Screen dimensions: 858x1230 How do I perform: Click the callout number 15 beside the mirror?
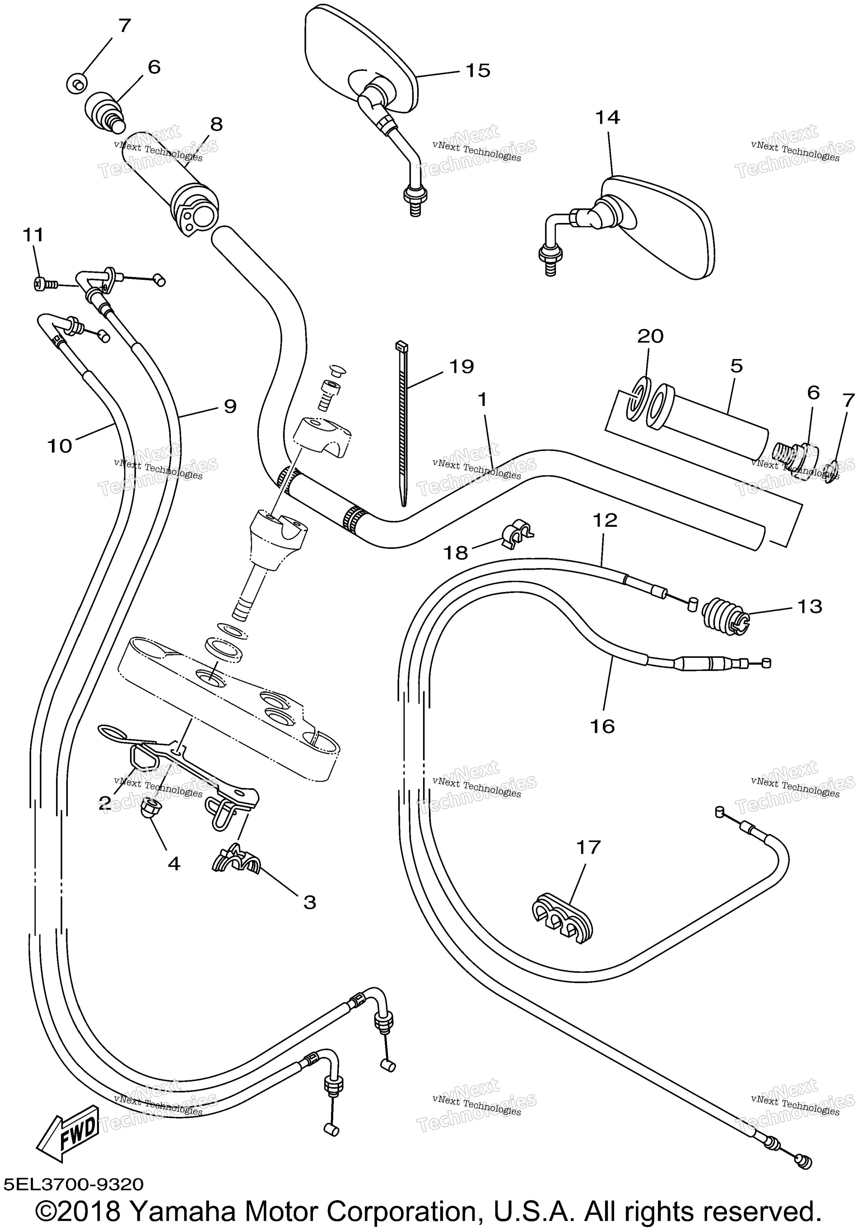click(478, 71)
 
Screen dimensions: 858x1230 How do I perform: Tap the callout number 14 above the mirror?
click(607, 117)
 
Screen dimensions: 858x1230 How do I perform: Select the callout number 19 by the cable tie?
click(461, 367)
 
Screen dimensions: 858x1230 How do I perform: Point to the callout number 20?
click(650, 337)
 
